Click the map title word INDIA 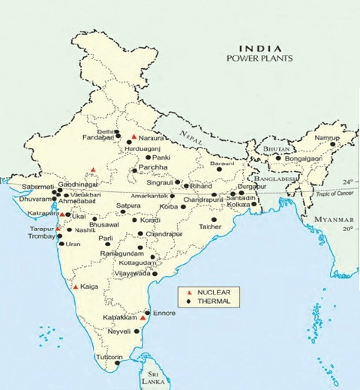(x=259, y=48)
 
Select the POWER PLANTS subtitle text (x=259, y=58)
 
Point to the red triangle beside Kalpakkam (x=142, y=318)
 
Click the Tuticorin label (x=107, y=356)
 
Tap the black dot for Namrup (x=333, y=144)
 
